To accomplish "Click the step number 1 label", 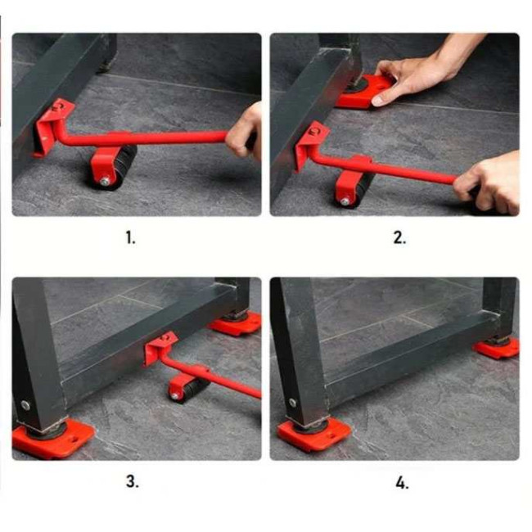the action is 131,237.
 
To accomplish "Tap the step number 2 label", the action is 399,237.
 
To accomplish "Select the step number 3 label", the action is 133,481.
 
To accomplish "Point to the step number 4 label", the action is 402,482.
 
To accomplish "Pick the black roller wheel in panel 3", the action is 193,390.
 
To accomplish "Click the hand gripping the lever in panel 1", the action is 245,133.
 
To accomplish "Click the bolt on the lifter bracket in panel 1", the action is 57,108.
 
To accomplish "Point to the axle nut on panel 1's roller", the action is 106,181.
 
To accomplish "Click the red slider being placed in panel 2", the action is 365,92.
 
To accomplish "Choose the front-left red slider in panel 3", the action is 52,440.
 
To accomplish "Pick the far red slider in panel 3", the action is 236,323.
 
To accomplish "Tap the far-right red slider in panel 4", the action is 497,348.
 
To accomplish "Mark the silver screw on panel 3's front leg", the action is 25,405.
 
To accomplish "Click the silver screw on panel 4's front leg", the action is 292,403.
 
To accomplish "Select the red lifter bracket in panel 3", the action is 160,348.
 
